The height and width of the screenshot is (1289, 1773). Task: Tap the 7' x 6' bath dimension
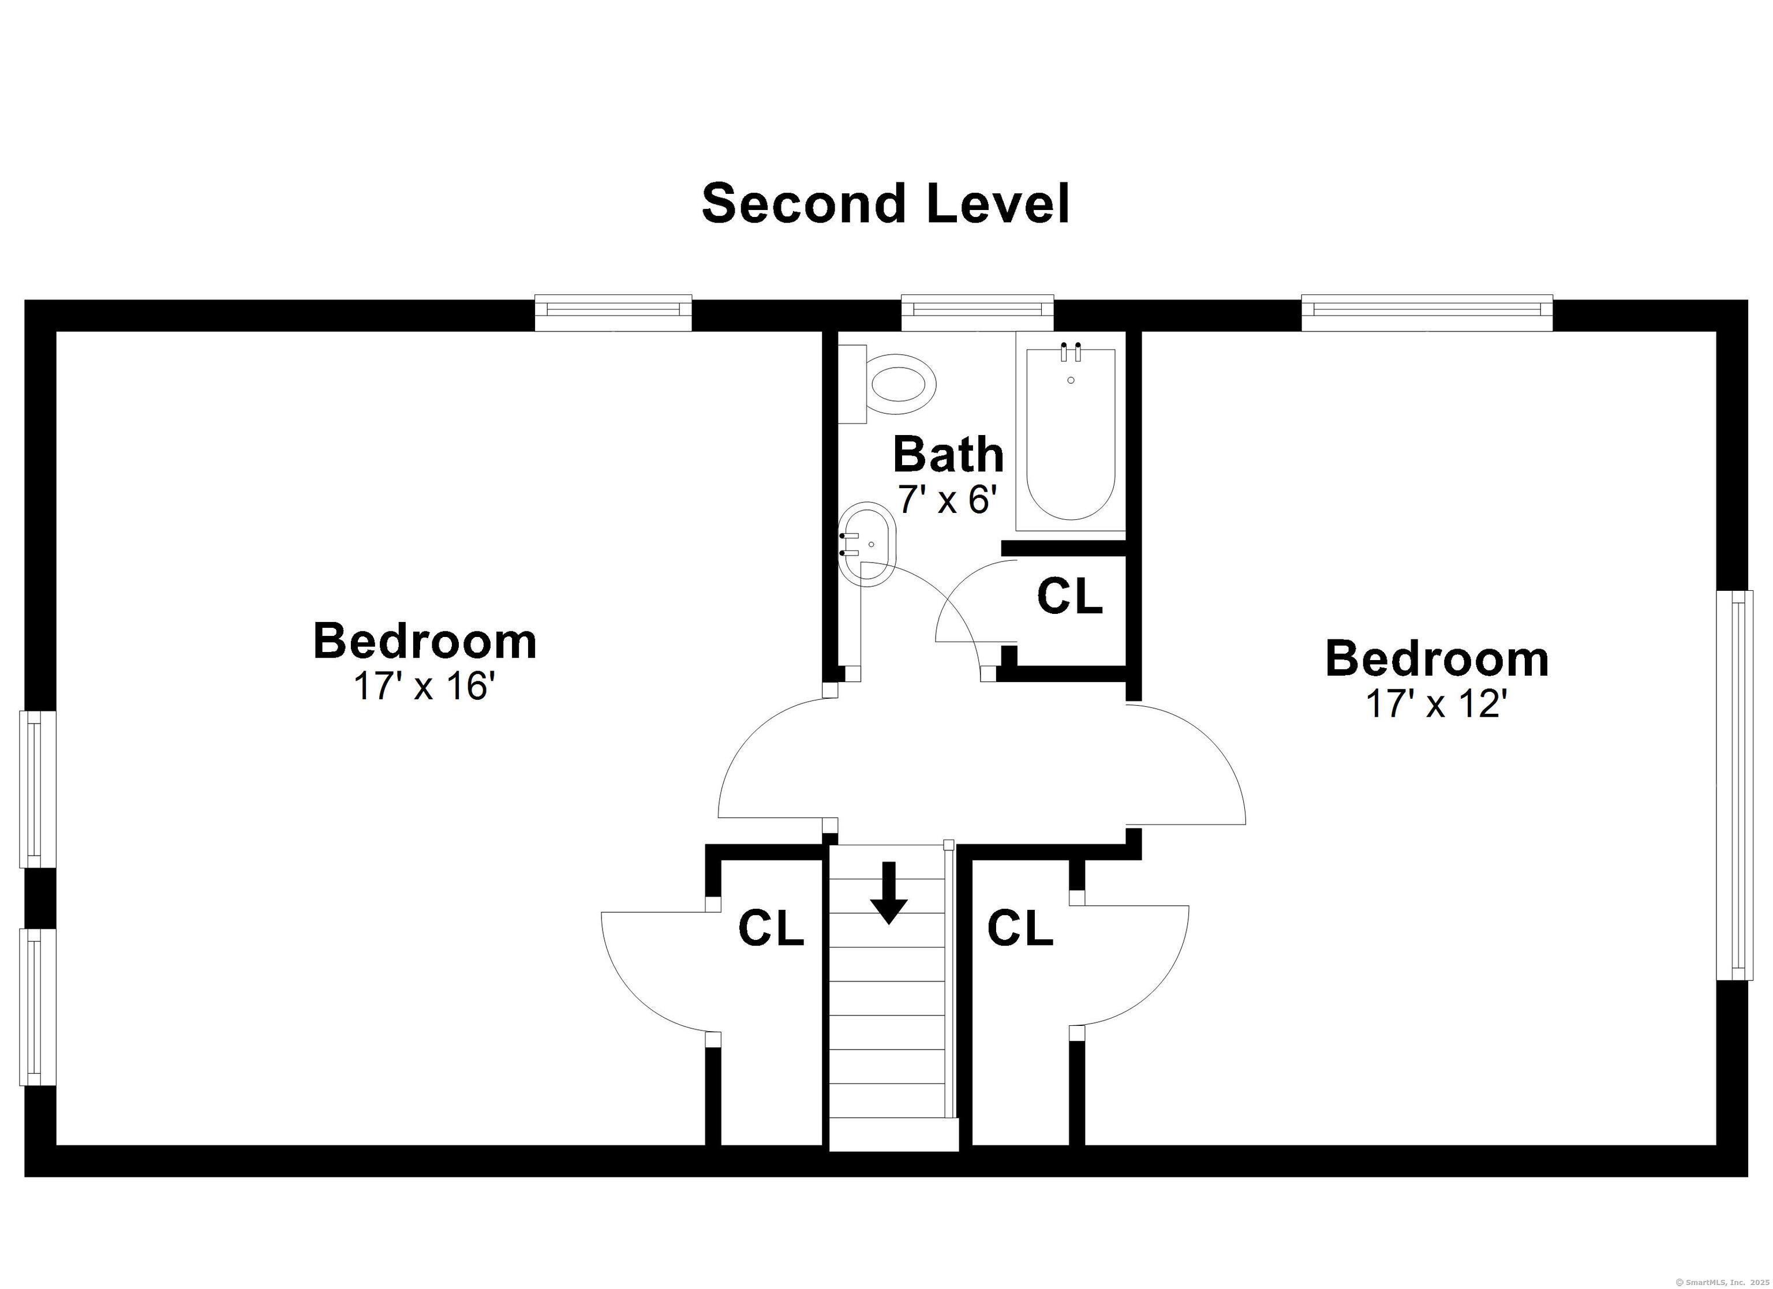(x=949, y=500)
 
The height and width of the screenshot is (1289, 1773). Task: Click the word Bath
(x=948, y=454)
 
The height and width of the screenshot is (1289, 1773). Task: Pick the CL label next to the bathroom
(x=1069, y=597)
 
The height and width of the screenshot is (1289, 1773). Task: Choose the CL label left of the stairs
(x=771, y=928)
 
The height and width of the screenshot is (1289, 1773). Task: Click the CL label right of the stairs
(x=1020, y=928)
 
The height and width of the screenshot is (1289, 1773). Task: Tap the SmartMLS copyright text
(x=1722, y=1282)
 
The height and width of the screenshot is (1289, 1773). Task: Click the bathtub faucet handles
(x=1070, y=352)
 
